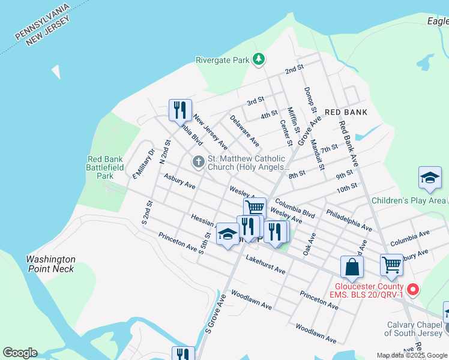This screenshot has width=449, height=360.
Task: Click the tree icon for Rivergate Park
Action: pos(259,59)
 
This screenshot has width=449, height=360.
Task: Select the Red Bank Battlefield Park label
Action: pos(100,167)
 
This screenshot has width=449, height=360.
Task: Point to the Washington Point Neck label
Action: pos(50,264)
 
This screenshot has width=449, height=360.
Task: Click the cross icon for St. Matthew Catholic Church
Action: pos(198,161)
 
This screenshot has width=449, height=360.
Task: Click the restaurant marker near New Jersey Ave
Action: pos(180,110)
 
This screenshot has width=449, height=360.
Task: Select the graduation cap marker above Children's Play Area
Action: pos(430,178)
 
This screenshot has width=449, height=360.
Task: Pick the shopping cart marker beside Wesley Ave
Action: pos(255,208)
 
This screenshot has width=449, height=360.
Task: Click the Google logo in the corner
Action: pos(20,352)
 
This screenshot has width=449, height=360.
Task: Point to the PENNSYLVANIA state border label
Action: pos(42,23)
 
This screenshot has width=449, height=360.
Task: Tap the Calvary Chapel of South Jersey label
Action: pos(414,329)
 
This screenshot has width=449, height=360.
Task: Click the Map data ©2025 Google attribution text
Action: pos(412,355)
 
